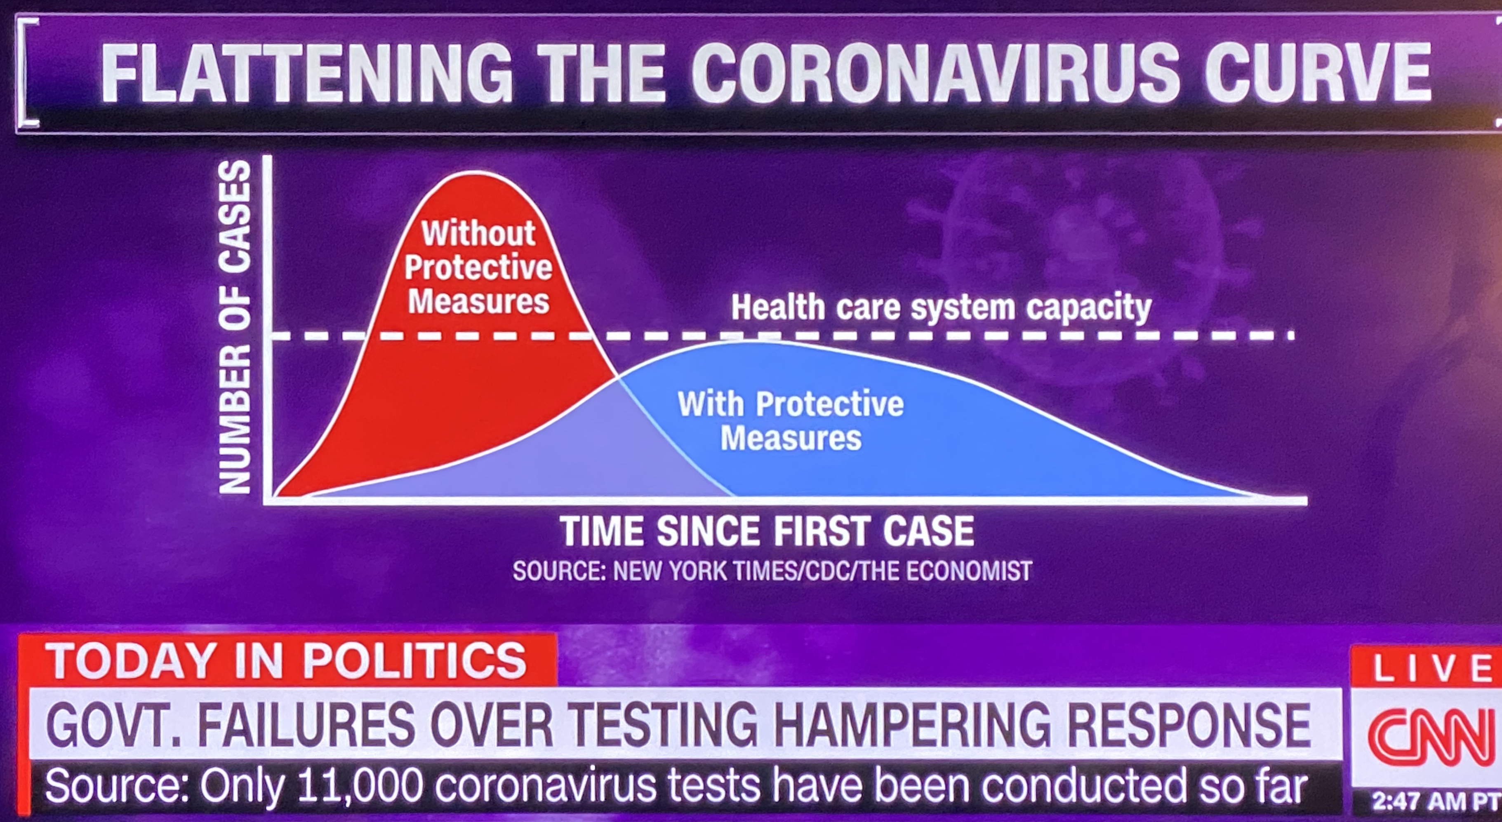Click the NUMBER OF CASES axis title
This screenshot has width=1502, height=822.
(234, 328)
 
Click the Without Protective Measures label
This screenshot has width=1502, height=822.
(478, 267)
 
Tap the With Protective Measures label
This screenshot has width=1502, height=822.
(791, 420)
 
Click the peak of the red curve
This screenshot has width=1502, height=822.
(475, 173)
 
